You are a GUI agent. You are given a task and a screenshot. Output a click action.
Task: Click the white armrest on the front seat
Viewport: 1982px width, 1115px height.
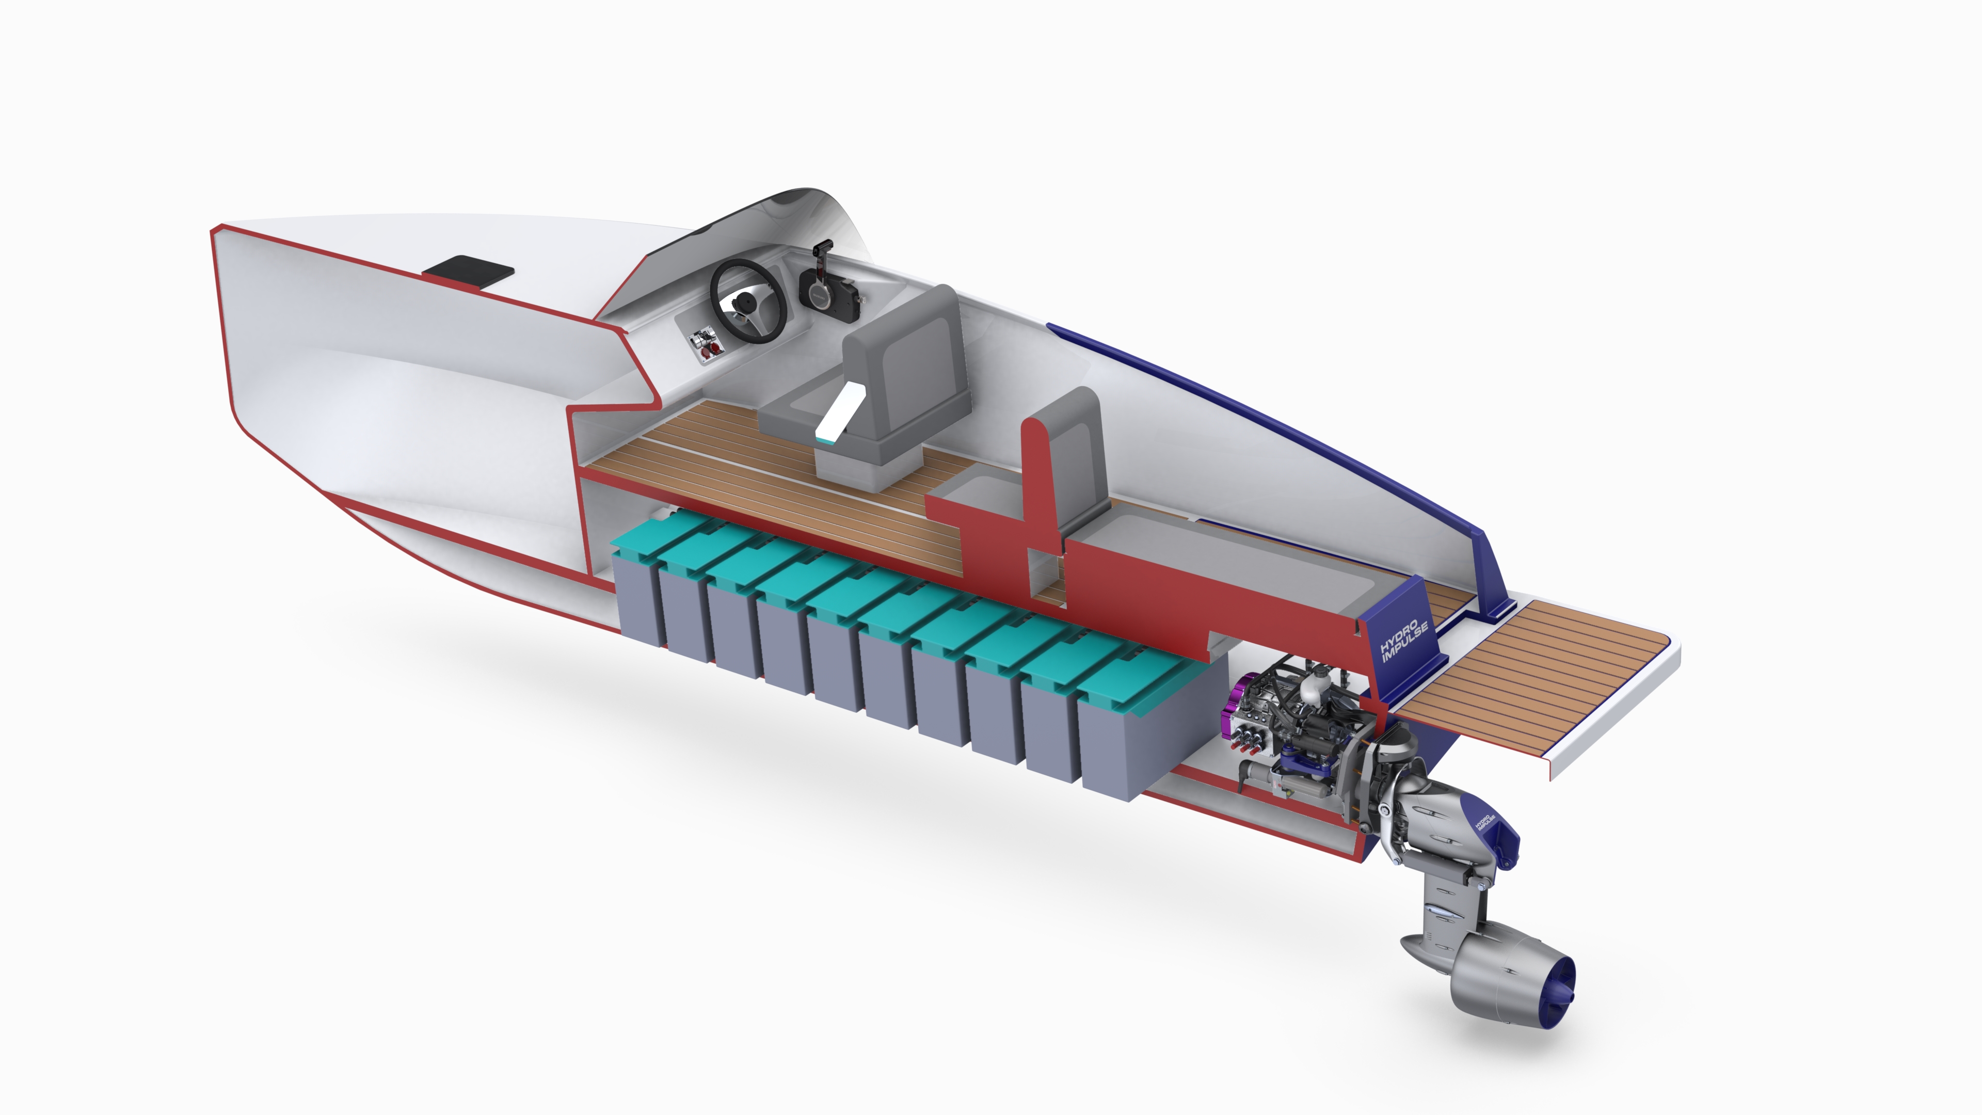(840, 414)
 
